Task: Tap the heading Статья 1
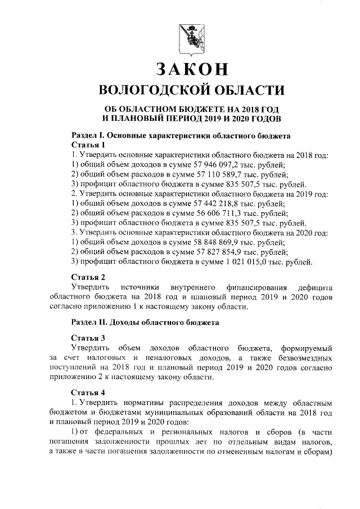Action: coord(88,145)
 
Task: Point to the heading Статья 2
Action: coord(88,277)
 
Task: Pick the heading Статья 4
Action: coord(88,392)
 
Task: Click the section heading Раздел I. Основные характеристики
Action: coord(181,136)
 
